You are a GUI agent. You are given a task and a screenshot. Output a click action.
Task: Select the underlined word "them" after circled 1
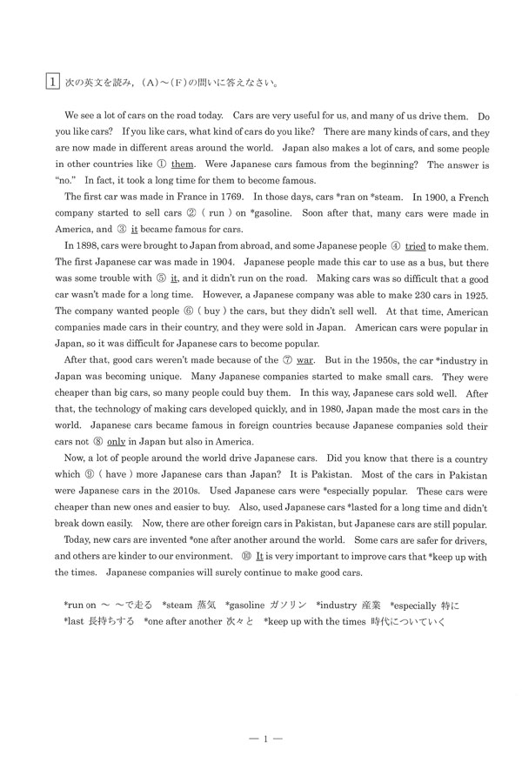[x=182, y=164]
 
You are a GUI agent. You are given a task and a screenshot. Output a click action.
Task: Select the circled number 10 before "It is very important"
[x=248, y=560]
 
